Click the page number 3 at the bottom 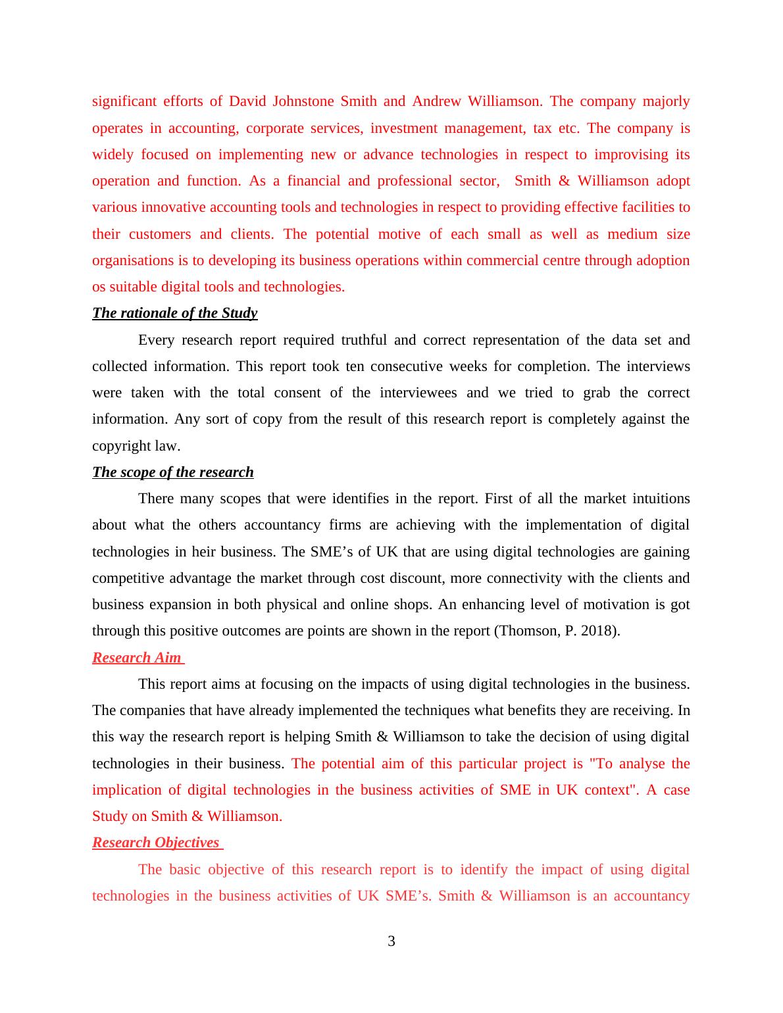tap(391, 941)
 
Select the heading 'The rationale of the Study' tap(174, 313)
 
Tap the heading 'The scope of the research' tap(172, 472)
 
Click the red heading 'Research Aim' tap(136, 658)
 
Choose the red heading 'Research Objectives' tap(155, 843)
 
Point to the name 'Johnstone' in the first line tap(303, 101)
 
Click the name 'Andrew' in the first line tap(436, 101)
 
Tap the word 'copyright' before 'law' tap(122, 446)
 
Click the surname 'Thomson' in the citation tap(528, 631)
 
